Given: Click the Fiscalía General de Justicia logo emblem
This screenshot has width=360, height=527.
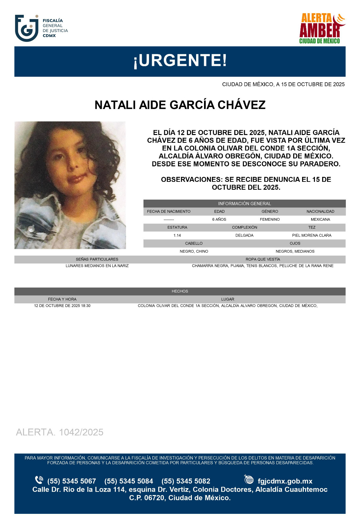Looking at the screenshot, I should (x=27, y=28).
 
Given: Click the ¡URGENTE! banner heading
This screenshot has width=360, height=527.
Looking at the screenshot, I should (x=180, y=61).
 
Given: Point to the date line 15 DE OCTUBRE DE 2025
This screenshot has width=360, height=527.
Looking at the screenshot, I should (x=283, y=84).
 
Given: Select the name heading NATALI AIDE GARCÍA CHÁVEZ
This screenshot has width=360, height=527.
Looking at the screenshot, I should (x=180, y=105).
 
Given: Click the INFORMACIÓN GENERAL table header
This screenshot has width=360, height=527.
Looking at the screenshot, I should (x=244, y=204).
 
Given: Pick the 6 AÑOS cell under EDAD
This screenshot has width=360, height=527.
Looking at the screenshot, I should (x=219, y=219).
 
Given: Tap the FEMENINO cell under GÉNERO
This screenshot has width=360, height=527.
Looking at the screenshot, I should (x=270, y=219).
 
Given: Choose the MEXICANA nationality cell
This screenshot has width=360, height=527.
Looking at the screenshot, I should (x=320, y=219).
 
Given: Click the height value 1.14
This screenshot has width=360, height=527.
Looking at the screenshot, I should (x=177, y=236).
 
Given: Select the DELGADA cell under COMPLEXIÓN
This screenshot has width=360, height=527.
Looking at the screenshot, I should (x=244, y=236).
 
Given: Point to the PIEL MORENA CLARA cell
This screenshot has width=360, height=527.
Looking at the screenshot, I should (x=312, y=236).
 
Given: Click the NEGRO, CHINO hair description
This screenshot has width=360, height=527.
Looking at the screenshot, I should (x=194, y=251).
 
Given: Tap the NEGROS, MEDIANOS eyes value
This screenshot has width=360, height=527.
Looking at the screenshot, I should (x=295, y=251).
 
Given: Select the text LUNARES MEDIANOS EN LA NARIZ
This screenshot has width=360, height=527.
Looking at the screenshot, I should (x=97, y=266).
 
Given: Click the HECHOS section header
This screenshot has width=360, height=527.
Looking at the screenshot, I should (x=180, y=291).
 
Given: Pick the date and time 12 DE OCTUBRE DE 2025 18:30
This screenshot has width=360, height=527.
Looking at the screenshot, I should (x=62, y=306).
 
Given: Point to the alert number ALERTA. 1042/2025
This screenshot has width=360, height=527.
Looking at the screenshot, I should (x=60, y=432).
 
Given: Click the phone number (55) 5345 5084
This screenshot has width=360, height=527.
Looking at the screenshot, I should (x=129, y=481).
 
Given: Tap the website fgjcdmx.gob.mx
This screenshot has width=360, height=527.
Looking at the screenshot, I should (x=285, y=481).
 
